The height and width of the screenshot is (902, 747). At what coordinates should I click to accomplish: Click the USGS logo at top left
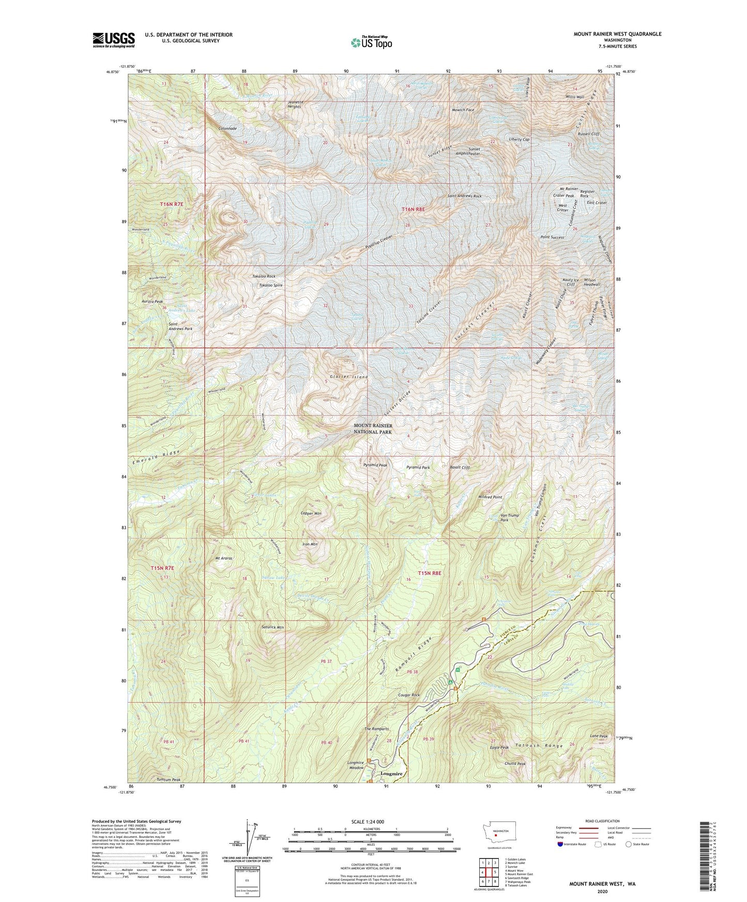(113, 40)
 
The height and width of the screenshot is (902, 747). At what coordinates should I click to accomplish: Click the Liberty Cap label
(519, 139)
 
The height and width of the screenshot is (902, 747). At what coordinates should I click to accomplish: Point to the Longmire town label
(391, 773)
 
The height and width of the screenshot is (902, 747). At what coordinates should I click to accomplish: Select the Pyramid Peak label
(375, 465)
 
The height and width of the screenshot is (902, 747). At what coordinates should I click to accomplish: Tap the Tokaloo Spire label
(270, 285)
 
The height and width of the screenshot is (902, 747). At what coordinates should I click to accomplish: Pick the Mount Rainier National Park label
(373, 428)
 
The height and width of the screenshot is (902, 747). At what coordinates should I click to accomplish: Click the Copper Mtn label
(311, 514)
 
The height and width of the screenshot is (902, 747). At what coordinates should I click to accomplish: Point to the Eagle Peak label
(499, 747)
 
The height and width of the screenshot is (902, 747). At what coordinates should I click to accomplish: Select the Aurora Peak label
(152, 301)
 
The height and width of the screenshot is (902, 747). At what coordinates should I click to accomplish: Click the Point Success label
(552, 237)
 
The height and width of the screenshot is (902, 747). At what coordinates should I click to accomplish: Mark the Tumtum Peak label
(169, 780)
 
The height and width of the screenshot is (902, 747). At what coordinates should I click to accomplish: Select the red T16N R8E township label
(413, 209)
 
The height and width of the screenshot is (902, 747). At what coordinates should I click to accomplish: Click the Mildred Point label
(491, 497)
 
